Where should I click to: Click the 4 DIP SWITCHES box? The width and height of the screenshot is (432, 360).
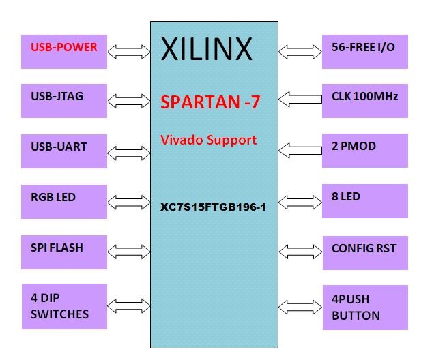tap(64, 305)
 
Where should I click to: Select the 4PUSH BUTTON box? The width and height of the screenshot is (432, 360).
tap(364, 307)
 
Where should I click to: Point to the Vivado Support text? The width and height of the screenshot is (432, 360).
tap(208, 140)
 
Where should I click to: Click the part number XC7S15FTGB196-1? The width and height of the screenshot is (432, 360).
tap(213, 205)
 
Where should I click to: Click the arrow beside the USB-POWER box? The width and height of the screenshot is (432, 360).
tap(129, 51)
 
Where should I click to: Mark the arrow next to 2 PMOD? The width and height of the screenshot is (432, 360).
tap(300, 148)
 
